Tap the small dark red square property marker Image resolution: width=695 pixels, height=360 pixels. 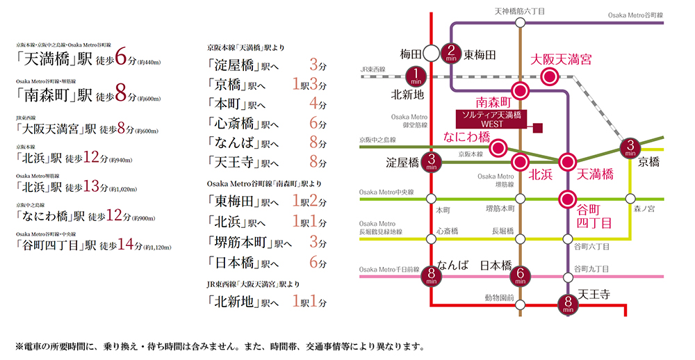click(537, 127)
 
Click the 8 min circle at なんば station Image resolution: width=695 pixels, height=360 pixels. click(432, 277)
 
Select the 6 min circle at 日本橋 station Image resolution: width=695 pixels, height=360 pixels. click(521, 277)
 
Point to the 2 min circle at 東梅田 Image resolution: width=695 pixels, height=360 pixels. click(451, 52)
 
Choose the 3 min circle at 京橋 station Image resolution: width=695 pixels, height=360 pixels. click(630, 148)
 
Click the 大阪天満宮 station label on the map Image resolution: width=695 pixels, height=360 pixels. click(561, 60)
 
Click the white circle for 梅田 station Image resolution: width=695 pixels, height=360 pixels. click(432, 53)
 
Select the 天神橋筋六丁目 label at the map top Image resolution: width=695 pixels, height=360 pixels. click(519, 12)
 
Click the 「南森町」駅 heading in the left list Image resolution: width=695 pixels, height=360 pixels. click(55, 95)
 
